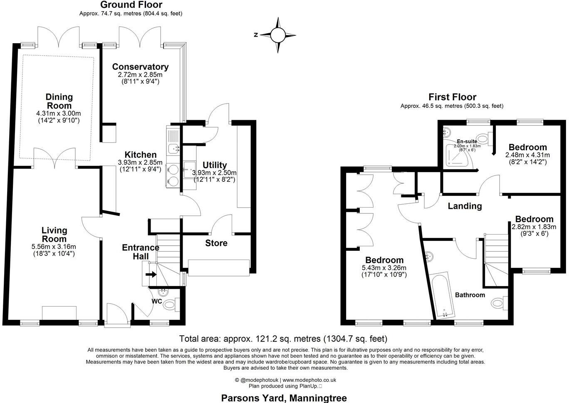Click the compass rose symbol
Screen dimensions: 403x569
[278, 35]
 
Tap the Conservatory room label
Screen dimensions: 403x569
[140, 67]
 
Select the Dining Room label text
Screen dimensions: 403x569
[59, 101]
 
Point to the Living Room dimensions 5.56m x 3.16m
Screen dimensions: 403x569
[54, 247]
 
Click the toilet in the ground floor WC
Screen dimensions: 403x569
[169, 305]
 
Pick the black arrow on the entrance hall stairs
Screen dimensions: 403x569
[151, 274]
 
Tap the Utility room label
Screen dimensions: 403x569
[215, 165]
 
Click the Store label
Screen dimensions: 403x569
[216, 243]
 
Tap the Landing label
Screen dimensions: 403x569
[465, 206]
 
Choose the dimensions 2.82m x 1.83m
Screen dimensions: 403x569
[534, 227]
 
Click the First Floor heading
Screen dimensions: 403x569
[452, 97]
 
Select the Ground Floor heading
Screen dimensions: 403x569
[131, 5]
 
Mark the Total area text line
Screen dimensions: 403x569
[283, 339]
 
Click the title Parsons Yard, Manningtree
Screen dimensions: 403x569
[284, 398]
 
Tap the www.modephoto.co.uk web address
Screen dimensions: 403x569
[309, 380]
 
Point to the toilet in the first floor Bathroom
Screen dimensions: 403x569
[498, 303]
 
